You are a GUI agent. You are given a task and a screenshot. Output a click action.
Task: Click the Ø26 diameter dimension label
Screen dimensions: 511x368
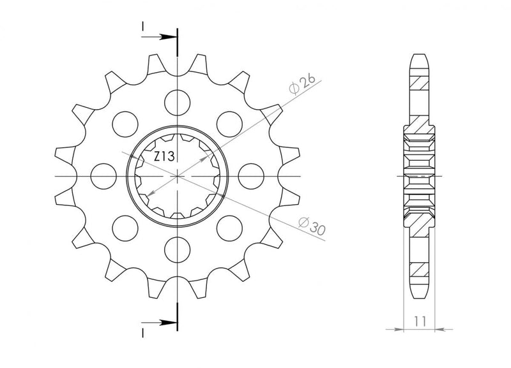(x=302, y=84)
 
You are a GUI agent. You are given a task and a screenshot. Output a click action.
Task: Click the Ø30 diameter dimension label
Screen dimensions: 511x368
(x=312, y=226)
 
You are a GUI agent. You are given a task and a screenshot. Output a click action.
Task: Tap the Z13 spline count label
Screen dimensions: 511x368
(x=165, y=156)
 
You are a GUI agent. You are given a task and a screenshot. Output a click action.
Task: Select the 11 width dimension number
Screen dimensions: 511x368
(x=420, y=321)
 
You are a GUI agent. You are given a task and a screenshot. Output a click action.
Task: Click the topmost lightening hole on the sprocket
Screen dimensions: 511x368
(x=178, y=103)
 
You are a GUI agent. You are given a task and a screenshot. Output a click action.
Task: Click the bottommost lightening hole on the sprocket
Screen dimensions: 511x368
(x=178, y=250)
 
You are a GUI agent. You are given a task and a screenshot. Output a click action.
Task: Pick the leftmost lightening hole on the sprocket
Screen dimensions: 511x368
(x=103, y=177)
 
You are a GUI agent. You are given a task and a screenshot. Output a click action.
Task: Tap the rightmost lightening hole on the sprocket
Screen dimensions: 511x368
(x=251, y=177)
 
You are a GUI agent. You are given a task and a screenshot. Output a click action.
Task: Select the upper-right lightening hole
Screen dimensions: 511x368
(x=229, y=124)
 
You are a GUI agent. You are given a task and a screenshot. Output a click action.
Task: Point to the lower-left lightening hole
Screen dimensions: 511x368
(x=125, y=228)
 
